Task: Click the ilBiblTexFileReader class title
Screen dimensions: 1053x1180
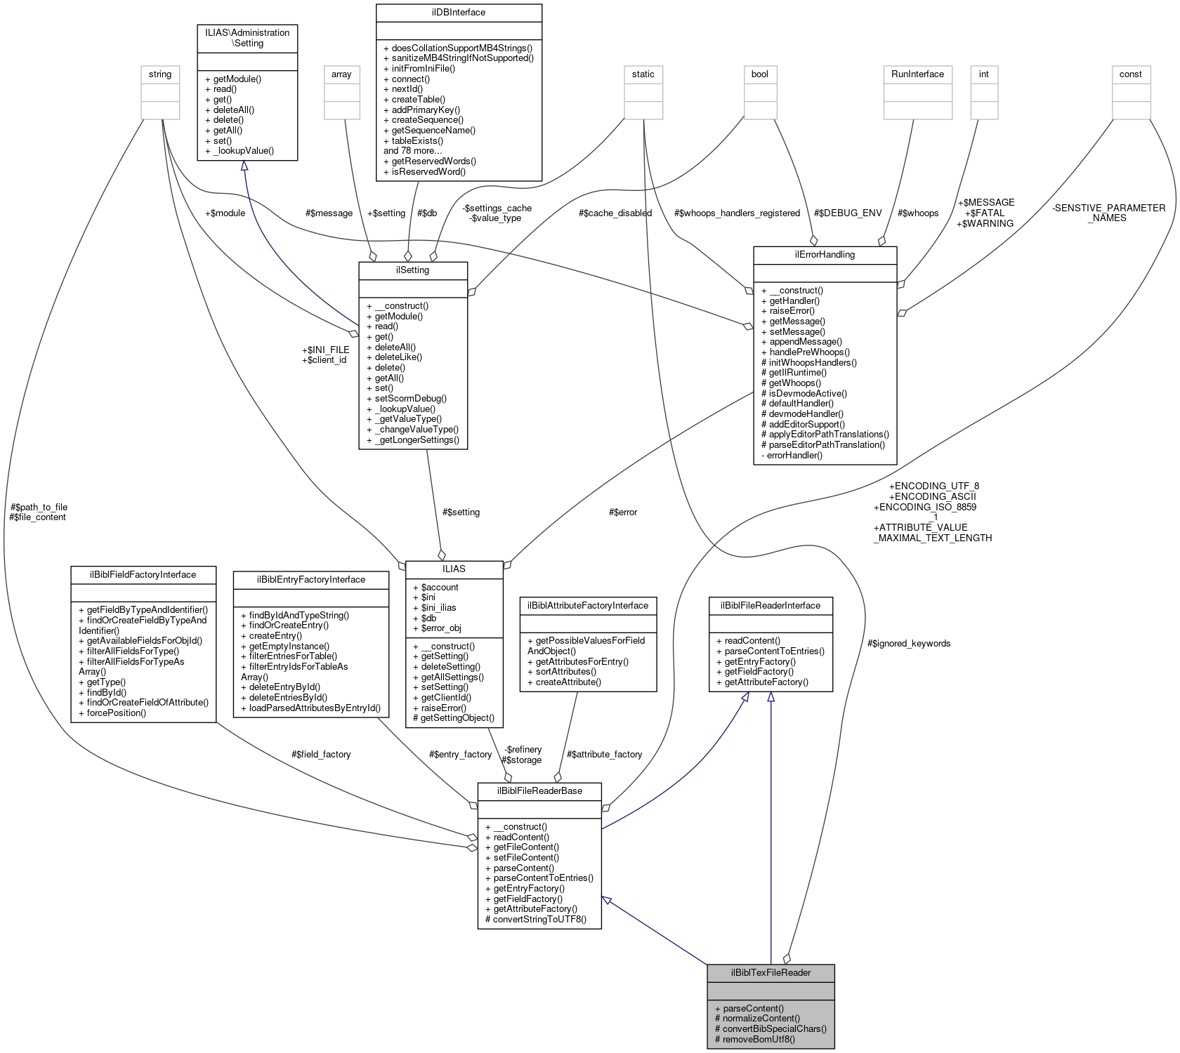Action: [x=771, y=972]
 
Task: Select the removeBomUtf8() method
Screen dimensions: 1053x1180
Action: [x=755, y=1039]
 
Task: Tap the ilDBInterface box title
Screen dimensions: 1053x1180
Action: [x=459, y=12]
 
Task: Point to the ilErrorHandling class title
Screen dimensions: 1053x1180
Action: [x=825, y=254]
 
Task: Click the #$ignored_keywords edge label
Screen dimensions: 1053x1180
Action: [x=909, y=643]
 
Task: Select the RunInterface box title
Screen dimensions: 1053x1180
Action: [x=917, y=74]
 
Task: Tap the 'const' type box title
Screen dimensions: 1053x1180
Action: [x=1130, y=74]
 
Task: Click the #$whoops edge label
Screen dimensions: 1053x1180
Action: [x=917, y=213]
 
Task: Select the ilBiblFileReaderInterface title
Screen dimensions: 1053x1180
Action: [x=770, y=605]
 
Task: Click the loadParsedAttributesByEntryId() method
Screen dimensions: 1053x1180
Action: [x=310, y=708]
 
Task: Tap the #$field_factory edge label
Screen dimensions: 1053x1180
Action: [x=320, y=754]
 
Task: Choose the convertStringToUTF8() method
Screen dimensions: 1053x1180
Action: [x=535, y=919]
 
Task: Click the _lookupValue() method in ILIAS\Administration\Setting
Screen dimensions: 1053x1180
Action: [x=239, y=150]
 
